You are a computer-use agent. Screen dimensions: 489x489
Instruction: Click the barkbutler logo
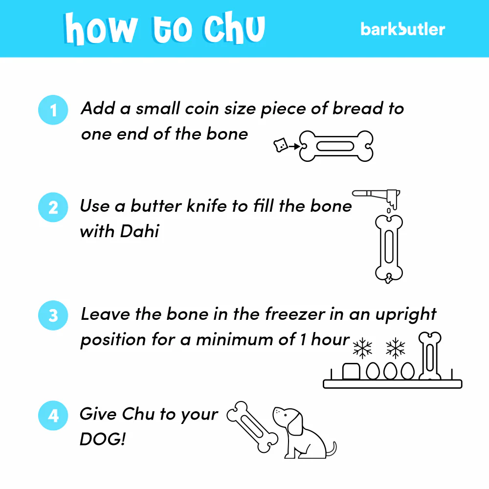[402, 29]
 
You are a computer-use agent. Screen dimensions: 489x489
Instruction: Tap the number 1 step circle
[53, 110]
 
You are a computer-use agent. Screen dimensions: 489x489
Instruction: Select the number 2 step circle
[53, 207]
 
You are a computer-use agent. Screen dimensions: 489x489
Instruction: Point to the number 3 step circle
[53, 315]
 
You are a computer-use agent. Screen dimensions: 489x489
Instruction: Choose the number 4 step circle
[53, 415]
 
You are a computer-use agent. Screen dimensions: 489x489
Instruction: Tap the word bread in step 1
[358, 109]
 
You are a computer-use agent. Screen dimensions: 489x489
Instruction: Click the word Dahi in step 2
[140, 231]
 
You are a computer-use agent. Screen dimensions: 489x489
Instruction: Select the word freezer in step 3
[295, 314]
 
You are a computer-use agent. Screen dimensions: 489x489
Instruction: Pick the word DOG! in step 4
[102, 439]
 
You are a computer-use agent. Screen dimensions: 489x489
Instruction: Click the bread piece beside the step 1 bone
[280, 145]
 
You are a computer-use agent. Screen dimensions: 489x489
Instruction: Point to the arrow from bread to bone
[294, 146]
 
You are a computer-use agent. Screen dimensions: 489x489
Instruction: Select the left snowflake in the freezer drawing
[362, 348]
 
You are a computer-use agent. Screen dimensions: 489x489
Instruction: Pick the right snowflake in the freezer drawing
[395, 348]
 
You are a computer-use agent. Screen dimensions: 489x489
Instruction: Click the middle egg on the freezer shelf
[390, 371]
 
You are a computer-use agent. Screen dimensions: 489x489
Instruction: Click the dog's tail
[332, 449]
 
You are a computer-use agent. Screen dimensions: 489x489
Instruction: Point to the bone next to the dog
[252, 426]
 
